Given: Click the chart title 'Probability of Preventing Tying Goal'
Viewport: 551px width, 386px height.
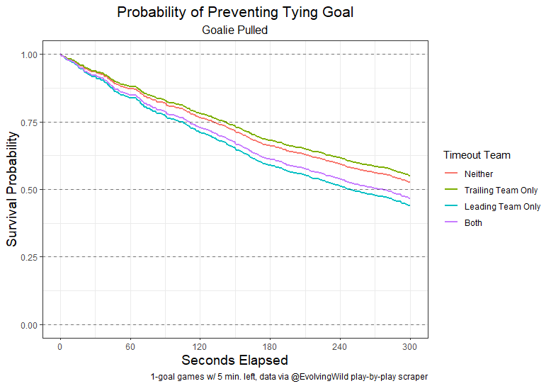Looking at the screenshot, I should coord(234,13).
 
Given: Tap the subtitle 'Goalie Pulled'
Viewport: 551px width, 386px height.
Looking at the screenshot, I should coord(234,30).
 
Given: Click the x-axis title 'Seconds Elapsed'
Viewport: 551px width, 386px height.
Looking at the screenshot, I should coord(234,360).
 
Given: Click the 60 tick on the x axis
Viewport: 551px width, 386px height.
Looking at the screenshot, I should coord(130,347).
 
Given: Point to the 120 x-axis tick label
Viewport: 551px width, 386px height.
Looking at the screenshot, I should coord(200,347).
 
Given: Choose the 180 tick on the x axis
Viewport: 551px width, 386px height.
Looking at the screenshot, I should coord(270,347).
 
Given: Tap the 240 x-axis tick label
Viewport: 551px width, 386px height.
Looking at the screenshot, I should coord(340,347).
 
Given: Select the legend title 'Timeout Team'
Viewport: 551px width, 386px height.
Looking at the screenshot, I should coord(477,155).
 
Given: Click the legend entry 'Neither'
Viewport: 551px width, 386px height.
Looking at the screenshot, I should coord(479,174).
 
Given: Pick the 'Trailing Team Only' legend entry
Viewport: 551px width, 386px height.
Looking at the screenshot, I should coord(501,190).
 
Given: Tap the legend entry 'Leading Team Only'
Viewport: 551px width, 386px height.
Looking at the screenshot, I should coord(502,206).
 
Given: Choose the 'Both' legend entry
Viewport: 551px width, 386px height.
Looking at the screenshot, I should coord(473,222).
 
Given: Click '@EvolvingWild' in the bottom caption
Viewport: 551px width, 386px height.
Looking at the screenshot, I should coord(319,376).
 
